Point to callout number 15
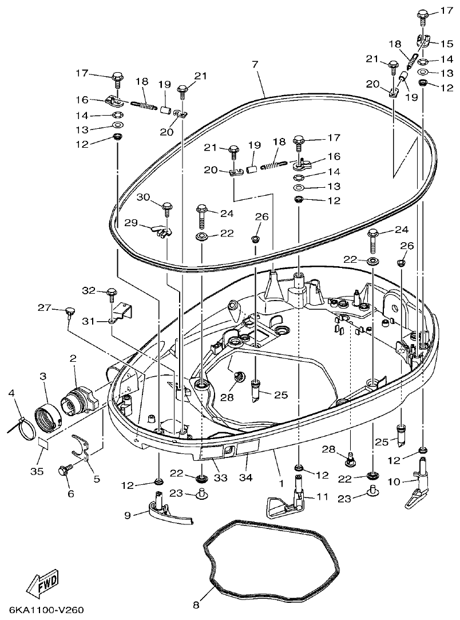[446, 44]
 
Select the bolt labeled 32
[111, 294]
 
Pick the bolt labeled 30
[168, 207]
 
